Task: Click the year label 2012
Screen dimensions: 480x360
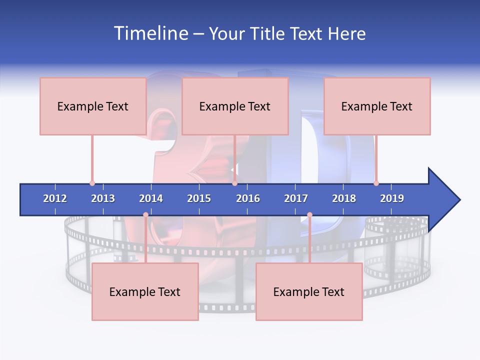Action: (x=55, y=198)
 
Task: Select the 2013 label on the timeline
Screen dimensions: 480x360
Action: (x=103, y=198)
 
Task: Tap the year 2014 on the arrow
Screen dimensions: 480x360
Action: (x=151, y=198)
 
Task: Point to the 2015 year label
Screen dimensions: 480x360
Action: (x=199, y=198)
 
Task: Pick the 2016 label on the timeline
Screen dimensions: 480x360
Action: (x=248, y=198)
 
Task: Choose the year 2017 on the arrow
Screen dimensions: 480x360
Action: (x=296, y=198)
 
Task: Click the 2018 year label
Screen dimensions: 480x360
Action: (x=344, y=198)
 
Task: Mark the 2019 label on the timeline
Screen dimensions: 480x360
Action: (x=392, y=198)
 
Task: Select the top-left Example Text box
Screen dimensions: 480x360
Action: (x=93, y=106)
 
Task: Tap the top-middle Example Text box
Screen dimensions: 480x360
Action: (x=235, y=106)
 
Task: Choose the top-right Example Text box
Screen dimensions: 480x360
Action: (x=377, y=106)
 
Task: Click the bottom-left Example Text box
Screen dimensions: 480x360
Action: (x=145, y=291)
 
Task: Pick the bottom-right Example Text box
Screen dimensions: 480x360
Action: (x=309, y=291)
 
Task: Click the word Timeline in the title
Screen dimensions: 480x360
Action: (x=150, y=33)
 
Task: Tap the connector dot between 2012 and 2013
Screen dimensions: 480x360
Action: (x=92, y=183)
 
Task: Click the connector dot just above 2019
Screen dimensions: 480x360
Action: (x=376, y=183)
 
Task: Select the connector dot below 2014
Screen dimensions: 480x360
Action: (x=145, y=215)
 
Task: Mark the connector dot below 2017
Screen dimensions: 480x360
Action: (x=309, y=215)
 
